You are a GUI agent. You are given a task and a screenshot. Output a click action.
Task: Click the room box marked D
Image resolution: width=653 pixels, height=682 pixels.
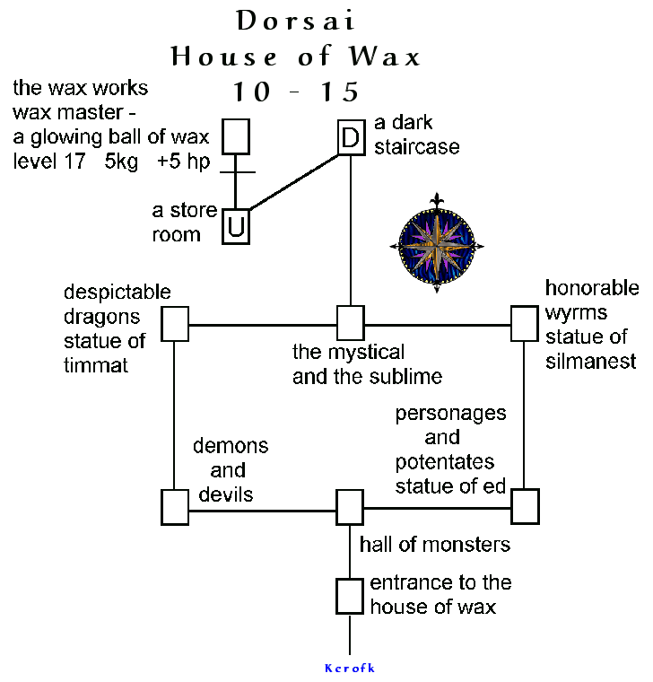pyautogui.click(x=351, y=138)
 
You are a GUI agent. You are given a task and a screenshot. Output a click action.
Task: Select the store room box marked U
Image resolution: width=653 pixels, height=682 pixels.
pyautogui.click(x=235, y=226)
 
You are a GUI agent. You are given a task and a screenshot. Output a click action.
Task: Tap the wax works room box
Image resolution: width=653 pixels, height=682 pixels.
pyautogui.click(x=235, y=136)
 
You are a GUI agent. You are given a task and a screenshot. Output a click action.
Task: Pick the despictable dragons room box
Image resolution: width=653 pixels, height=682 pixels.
pyautogui.click(x=175, y=323)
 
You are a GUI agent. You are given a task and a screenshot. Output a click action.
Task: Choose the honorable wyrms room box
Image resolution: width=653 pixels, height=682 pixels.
pyautogui.click(x=525, y=323)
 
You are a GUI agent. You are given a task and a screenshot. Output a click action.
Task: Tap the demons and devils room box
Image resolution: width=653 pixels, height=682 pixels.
pyautogui.click(x=175, y=507)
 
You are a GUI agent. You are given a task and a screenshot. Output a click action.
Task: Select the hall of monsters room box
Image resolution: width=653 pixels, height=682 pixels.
pyautogui.click(x=350, y=507)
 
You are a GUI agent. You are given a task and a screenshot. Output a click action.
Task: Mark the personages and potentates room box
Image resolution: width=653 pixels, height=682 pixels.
pyautogui.click(x=525, y=507)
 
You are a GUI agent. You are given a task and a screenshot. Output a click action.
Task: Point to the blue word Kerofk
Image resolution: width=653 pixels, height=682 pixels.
pyautogui.click(x=349, y=668)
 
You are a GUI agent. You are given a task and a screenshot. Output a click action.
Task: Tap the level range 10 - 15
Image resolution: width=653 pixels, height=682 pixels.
pyautogui.click(x=295, y=92)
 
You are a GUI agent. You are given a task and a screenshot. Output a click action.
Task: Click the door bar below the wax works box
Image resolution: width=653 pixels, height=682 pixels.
pyautogui.click(x=235, y=171)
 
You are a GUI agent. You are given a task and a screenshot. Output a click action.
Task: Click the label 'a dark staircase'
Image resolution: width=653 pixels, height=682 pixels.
pyautogui.click(x=417, y=135)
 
